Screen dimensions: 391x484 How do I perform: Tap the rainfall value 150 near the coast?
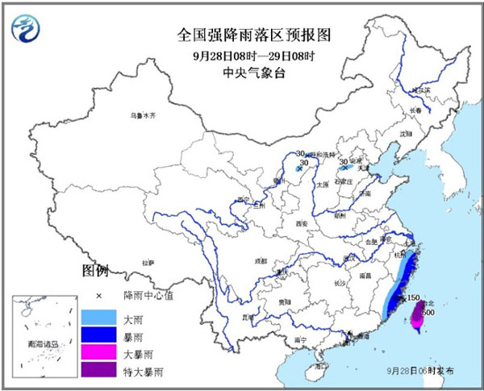click(x=413, y=298)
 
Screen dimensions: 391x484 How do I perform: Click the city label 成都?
click(x=258, y=261)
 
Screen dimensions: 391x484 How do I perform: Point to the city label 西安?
click(x=302, y=223)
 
